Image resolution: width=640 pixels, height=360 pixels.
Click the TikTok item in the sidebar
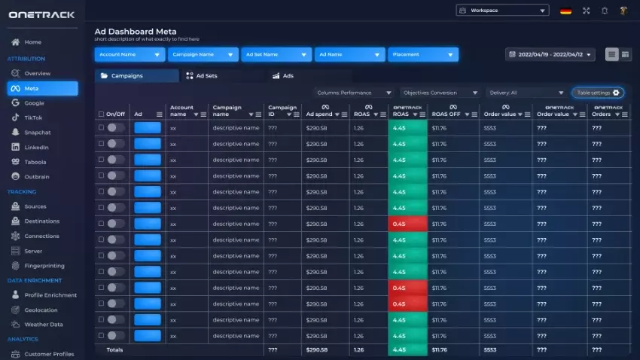34,117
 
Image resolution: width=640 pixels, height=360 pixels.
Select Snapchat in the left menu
37,132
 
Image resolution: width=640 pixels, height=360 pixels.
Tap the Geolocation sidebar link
41,310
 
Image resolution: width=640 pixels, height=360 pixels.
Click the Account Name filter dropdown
130,54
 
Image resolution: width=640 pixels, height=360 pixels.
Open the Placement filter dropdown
423,54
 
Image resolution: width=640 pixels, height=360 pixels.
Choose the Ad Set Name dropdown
276,54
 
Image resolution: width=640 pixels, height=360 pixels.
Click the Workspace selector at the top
502,11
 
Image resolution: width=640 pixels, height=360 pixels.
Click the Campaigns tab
137,76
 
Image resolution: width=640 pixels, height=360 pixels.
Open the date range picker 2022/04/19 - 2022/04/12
550,54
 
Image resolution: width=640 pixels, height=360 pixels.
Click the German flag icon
565,11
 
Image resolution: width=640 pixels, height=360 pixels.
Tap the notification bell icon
605,11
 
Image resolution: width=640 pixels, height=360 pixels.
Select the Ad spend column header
319,114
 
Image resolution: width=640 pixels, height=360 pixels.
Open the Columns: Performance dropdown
354,93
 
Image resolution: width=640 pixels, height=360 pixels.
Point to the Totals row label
114,349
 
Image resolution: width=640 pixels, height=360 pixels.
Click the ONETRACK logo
41,14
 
